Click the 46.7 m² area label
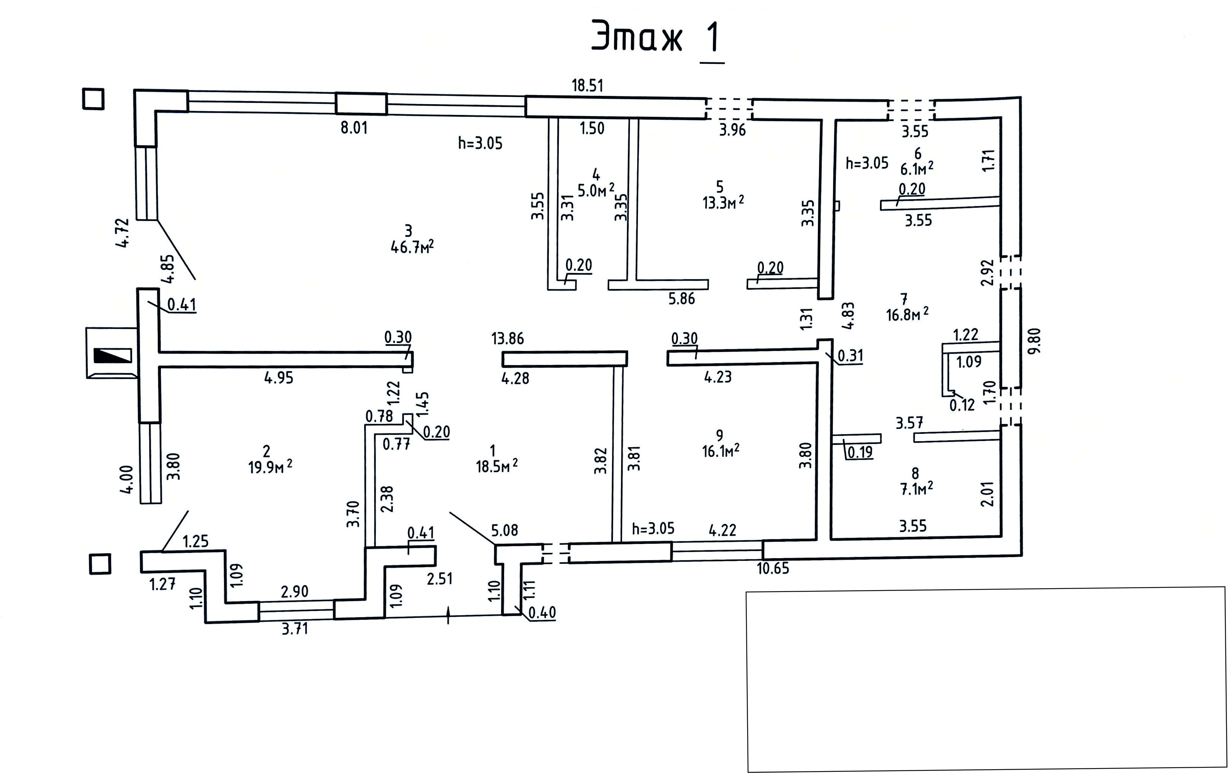tap(412, 247)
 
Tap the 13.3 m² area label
tap(723, 203)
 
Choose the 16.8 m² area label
tap(907, 314)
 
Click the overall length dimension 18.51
tap(587, 85)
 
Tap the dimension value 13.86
tap(507, 338)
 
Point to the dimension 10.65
tap(773, 568)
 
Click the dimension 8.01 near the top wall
tap(354, 127)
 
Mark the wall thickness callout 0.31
tap(850, 355)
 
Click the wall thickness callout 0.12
tap(962, 405)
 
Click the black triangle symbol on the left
tap(113, 355)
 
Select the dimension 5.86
tap(681, 298)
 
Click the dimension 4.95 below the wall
tap(278, 378)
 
